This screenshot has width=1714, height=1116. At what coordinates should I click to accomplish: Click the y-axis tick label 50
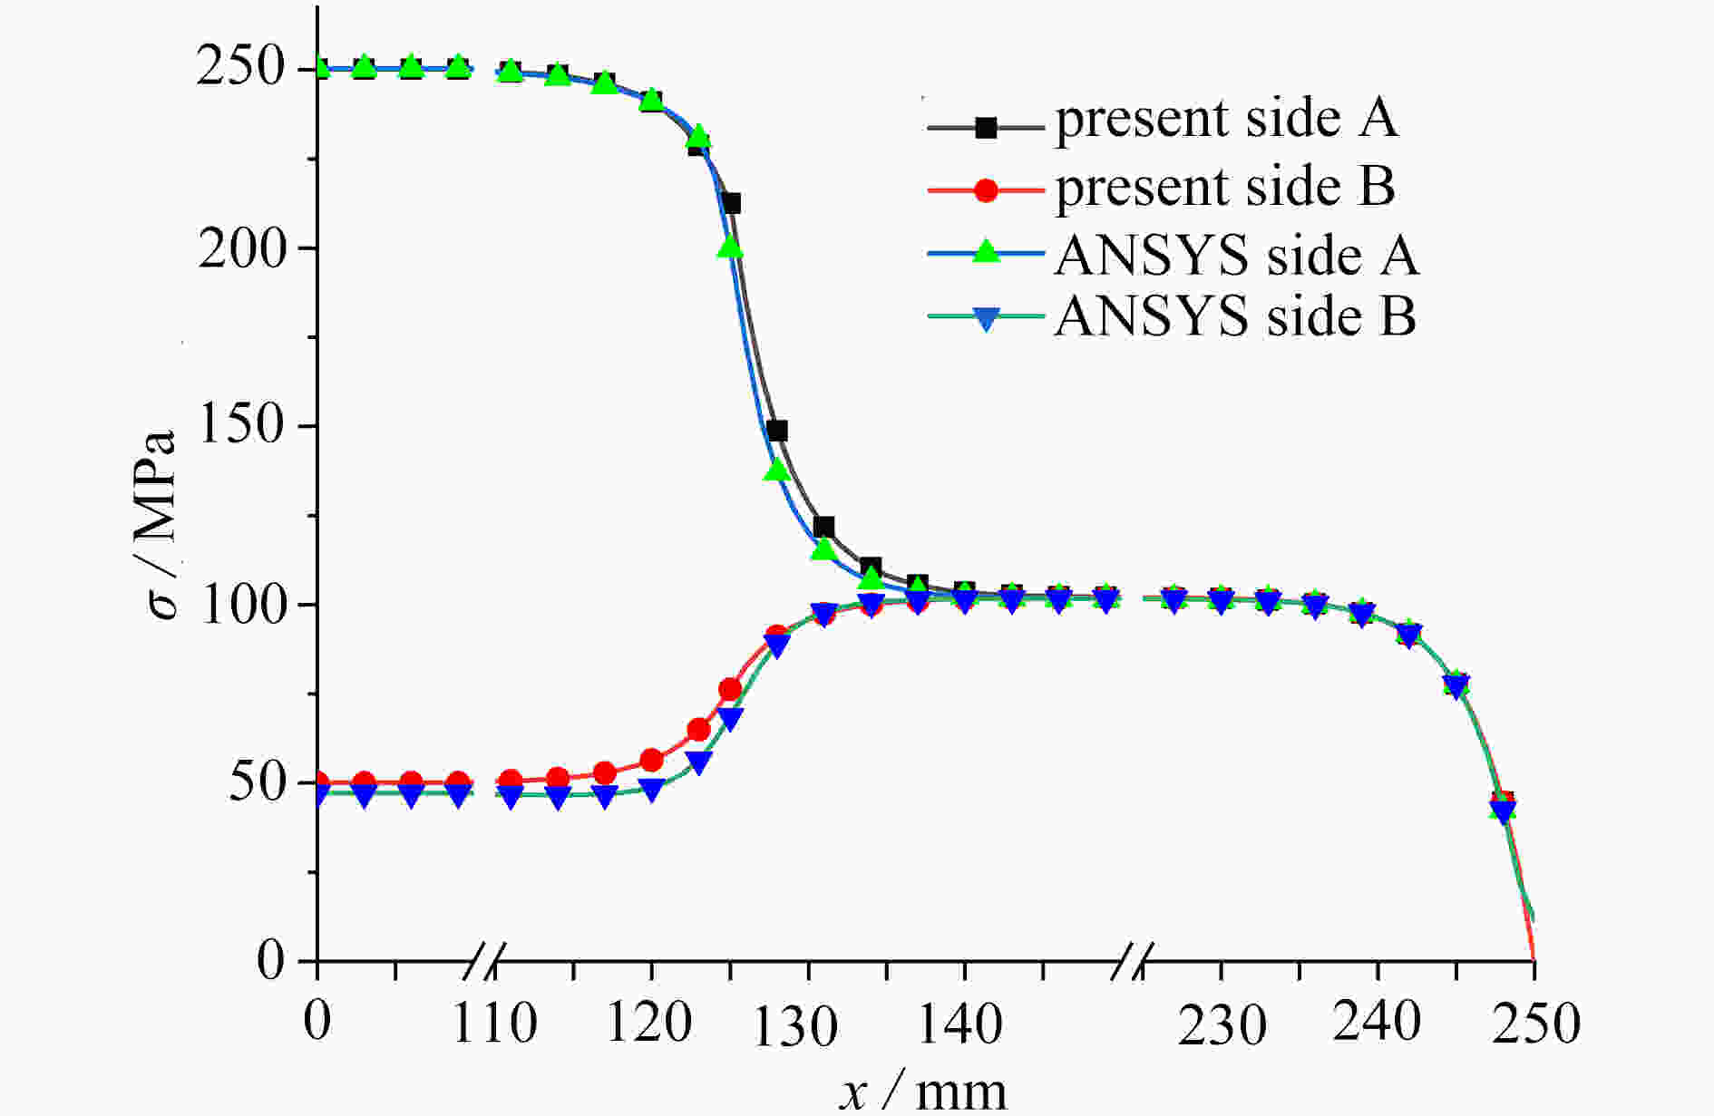point(258,782)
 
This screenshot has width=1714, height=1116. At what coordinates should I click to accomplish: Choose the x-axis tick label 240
point(1377,1023)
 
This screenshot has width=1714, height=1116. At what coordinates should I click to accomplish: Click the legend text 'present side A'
point(1226,120)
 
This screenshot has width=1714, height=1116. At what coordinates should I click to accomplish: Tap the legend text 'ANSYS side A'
point(1236,256)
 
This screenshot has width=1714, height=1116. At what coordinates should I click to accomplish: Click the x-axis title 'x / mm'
point(922,1091)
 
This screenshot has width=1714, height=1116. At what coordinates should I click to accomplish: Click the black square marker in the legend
point(986,128)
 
